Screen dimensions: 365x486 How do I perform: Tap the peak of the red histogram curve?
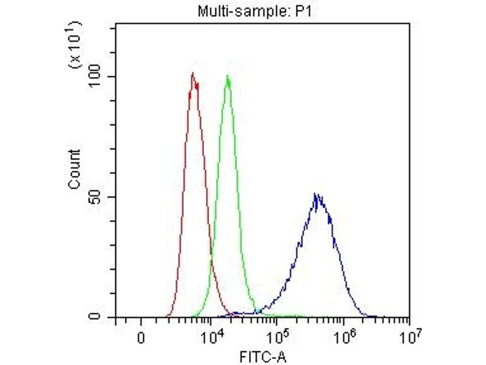pyautogui.click(x=193, y=74)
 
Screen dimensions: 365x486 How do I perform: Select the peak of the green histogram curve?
pyautogui.click(x=228, y=77)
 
